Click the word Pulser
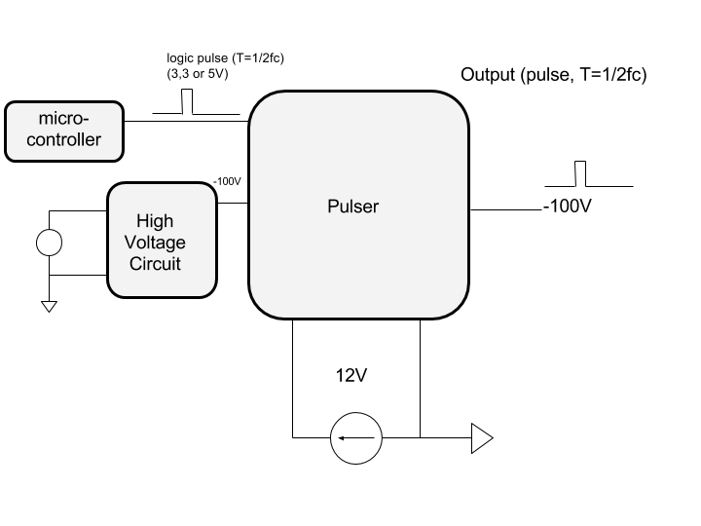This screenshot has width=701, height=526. coord(352,207)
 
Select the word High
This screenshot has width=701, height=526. coord(155,221)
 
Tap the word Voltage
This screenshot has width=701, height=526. coord(156,243)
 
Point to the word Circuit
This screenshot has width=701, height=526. coord(155,264)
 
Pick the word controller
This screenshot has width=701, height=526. coord(63,139)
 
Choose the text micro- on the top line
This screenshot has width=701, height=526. coord(63,119)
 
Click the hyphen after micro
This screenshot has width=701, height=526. coord(86,120)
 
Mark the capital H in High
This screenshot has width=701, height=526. coord(142,221)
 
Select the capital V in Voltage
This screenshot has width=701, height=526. coord(132,243)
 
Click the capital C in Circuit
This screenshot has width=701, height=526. coord(135,264)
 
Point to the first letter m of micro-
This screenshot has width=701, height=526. coord(45,120)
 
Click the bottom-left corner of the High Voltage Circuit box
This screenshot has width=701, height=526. coord(113,291)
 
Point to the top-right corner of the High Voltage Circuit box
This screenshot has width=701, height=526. coord(210,188)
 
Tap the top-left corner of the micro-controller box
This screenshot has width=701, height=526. coord(10,106)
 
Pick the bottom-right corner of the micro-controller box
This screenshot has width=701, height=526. coord(118,156)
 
